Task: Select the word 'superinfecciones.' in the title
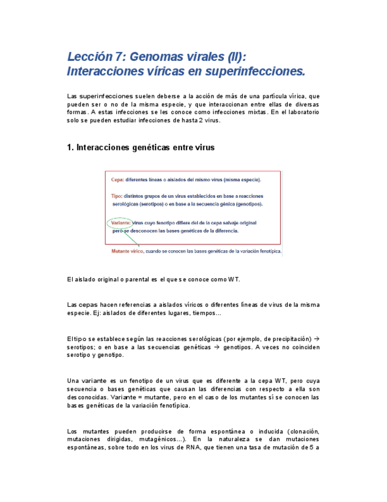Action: click(255, 72)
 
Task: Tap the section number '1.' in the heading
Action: click(71, 148)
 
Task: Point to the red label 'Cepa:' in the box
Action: click(117, 179)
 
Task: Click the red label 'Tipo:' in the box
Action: click(116, 196)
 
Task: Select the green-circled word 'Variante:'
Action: click(121, 223)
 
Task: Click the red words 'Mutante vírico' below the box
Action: click(127, 251)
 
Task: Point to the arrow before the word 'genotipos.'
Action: click(216, 347)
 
